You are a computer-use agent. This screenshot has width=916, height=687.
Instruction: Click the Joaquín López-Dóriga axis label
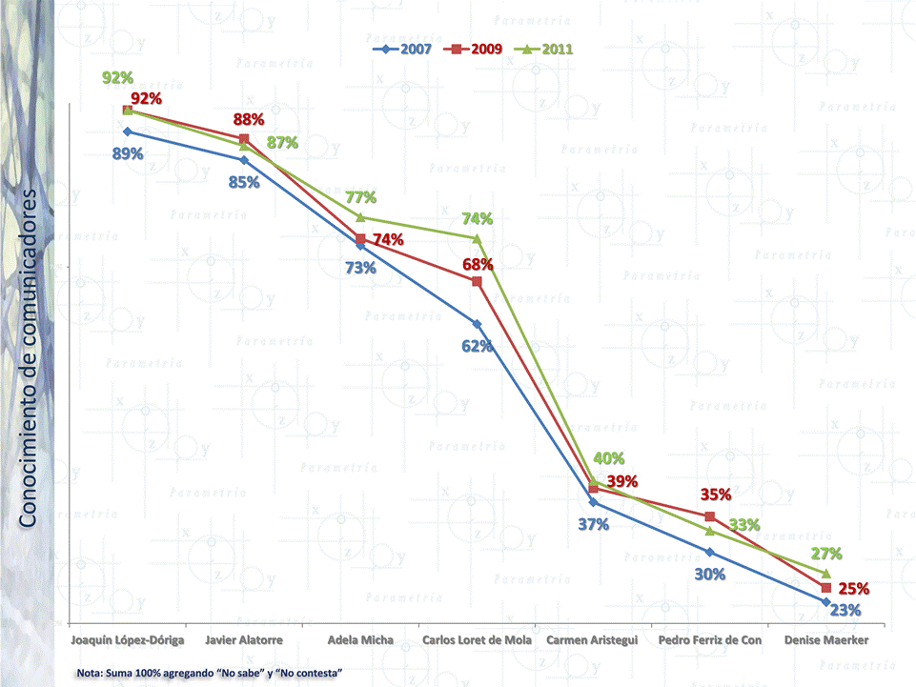pyautogui.click(x=128, y=641)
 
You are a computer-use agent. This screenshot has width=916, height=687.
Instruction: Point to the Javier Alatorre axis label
pyautogui.click(x=245, y=641)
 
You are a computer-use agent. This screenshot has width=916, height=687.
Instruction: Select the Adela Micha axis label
pyautogui.click(x=360, y=641)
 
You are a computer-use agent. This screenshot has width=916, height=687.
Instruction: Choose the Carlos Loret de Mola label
pyautogui.click(x=477, y=641)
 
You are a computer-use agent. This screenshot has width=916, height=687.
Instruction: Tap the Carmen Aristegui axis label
pyautogui.click(x=592, y=641)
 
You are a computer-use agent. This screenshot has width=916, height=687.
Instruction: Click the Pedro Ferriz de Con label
pyautogui.click(x=710, y=641)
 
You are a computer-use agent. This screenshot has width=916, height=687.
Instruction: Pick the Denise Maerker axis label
pyautogui.click(x=825, y=641)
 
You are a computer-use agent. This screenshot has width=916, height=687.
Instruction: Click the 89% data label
pyautogui.click(x=128, y=153)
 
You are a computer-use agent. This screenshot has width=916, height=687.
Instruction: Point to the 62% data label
pyautogui.click(x=477, y=346)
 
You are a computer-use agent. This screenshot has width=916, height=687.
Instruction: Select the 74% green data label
pyautogui.click(x=477, y=218)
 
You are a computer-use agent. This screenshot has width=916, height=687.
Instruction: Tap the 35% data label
pyautogui.click(x=716, y=495)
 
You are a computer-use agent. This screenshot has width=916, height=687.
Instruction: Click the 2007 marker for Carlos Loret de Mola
pyautogui.click(x=477, y=324)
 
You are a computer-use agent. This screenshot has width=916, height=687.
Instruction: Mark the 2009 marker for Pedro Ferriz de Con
pyautogui.click(x=710, y=516)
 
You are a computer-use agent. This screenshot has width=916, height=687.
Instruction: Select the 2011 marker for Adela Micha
pyautogui.click(x=360, y=217)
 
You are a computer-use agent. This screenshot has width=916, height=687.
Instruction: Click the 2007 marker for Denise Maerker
pyautogui.click(x=825, y=601)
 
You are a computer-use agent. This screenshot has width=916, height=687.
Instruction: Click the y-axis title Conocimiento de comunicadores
pyautogui.click(x=29, y=357)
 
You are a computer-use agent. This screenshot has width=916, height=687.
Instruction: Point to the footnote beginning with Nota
pyautogui.click(x=210, y=674)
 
